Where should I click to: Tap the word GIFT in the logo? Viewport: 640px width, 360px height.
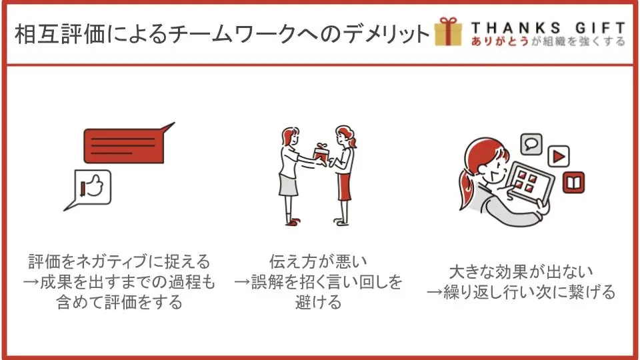600,28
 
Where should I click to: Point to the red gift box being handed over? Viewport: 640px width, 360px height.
321,153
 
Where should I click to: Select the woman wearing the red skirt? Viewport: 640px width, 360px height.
343,175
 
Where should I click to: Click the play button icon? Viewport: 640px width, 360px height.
559,156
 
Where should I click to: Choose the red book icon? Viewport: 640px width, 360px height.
573,183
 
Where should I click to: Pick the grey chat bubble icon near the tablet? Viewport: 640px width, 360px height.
531,144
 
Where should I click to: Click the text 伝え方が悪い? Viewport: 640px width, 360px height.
318,261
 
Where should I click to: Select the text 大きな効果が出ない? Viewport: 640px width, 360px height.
521,271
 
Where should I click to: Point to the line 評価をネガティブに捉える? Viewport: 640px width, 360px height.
119,261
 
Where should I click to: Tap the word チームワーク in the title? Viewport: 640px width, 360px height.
232,33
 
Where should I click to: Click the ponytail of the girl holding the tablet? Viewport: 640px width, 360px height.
467,189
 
